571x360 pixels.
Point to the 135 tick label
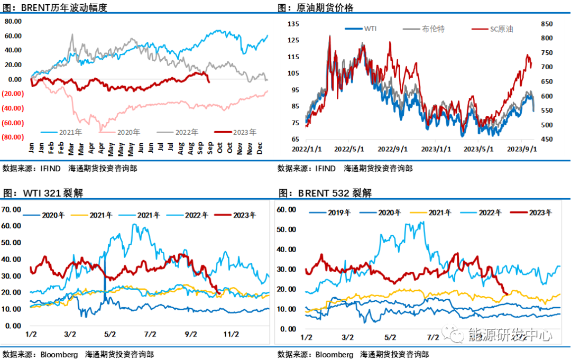click(x=293, y=24)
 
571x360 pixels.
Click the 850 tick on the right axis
click(x=545, y=24)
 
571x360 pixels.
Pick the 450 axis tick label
click(x=545, y=140)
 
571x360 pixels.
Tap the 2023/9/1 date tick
click(x=522, y=150)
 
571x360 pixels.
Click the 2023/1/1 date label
click(x=436, y=150)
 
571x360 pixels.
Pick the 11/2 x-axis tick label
click(x=231, y=334)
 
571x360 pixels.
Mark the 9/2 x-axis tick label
click(x=190, y=334)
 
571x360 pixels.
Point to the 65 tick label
click(x=293, y=140)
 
